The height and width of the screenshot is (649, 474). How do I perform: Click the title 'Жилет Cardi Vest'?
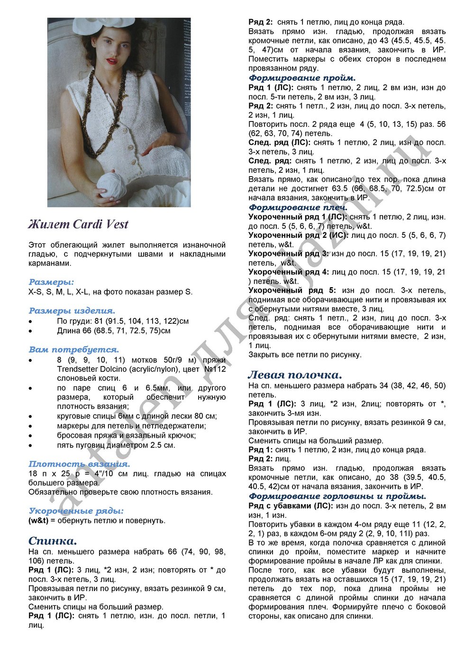coord(78,224)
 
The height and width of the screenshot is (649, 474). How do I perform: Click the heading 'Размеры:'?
coord(51,282)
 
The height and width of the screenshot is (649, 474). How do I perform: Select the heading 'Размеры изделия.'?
coord(72,311)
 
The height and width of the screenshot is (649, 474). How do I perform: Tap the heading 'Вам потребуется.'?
coord(73,350)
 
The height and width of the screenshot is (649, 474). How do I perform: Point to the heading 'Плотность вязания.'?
coord(79,464)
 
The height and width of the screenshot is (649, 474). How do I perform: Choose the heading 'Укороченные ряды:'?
coord(76,511)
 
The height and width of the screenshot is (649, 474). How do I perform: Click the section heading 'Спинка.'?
coord(53,541)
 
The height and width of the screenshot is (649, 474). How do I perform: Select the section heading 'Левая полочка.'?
coord(295,375)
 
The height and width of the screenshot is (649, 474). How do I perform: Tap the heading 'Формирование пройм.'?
coord(302,78)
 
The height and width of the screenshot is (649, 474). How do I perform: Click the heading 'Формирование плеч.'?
coord(298,207)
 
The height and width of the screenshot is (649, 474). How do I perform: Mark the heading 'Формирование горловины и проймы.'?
coord(337,496)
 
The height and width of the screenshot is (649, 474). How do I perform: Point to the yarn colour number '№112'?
coord(215,369)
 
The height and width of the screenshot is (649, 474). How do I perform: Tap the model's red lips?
coord(112,61)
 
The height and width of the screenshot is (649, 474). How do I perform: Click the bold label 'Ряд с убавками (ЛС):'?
coord(291,506)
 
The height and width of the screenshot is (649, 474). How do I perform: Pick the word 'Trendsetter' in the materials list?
coord(77,369)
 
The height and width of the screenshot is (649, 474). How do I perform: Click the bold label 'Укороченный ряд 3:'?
coord(289,254)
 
